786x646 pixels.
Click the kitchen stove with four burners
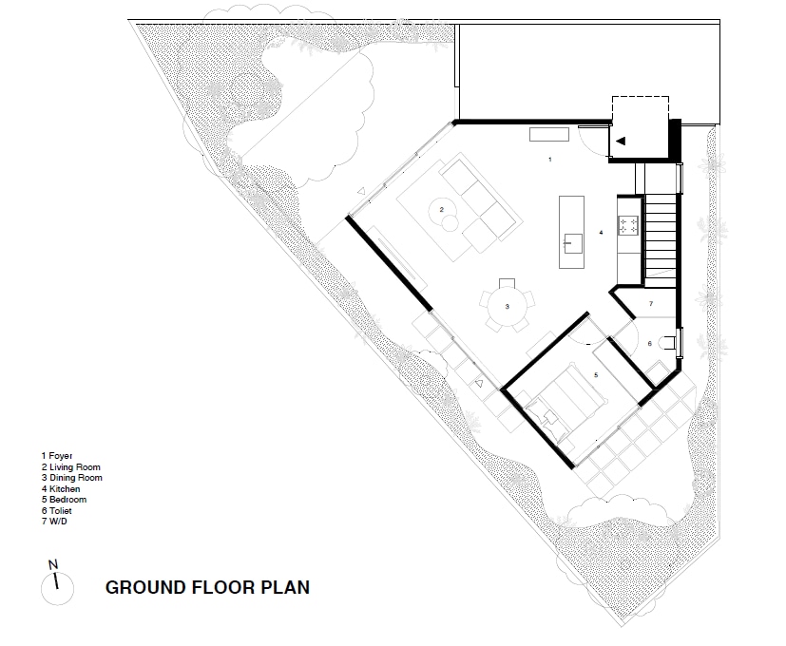[628, 224]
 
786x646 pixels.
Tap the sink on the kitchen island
[572, 243]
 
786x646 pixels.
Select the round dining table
[508, 307]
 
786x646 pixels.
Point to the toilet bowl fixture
[669, 343]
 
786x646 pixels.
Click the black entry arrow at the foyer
[621, 141]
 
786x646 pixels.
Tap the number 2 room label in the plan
[442, 210]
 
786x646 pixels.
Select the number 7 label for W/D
[651, 304]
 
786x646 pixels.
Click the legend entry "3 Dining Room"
[72, 478]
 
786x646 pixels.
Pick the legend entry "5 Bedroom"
[65, 499]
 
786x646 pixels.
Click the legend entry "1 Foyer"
[57, 456]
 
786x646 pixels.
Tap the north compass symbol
[57, 584]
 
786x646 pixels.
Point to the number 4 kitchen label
[601, 233]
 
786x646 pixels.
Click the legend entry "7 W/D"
[54, 522]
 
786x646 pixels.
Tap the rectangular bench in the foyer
[549, 134]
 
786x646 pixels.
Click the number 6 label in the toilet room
[650, 343]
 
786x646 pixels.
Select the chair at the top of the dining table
[507, 283]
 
